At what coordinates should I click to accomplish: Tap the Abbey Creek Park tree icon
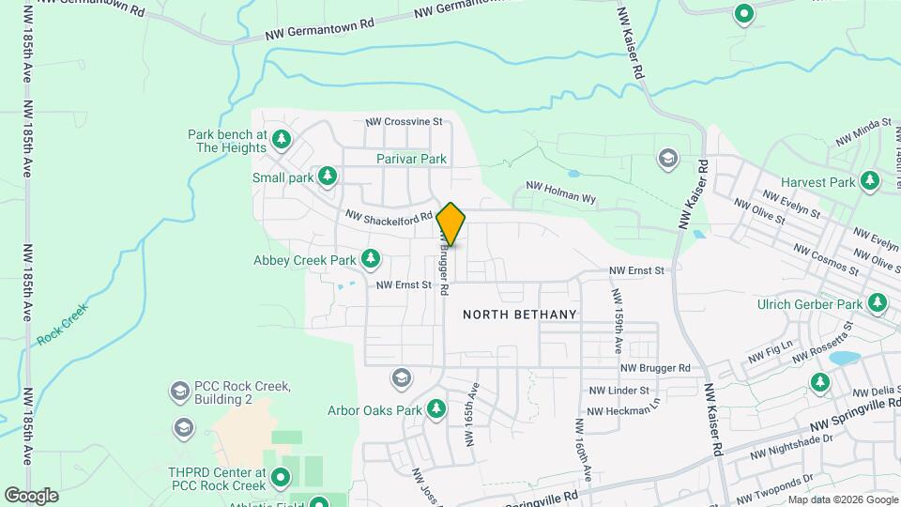tap(372, 258)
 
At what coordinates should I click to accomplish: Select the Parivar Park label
tap(411, 159)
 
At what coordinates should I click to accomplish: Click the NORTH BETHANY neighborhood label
tap(519, 315)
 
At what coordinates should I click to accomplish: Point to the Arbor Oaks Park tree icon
tap(435, 409)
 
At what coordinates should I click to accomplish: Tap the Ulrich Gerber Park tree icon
tap(878, 303)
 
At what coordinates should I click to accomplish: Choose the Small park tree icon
tap(328, 176)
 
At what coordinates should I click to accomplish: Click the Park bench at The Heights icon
tap(282, 140)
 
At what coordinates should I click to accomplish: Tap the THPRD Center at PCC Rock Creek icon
tap(280, 479)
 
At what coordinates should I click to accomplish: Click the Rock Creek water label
tap(63, 323)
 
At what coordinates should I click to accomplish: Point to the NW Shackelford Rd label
tap(389, 216)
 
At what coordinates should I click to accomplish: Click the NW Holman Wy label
tap(561, 192)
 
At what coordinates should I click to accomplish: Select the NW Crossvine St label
tap(404, 122)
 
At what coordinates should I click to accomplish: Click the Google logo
tap(31, 495)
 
